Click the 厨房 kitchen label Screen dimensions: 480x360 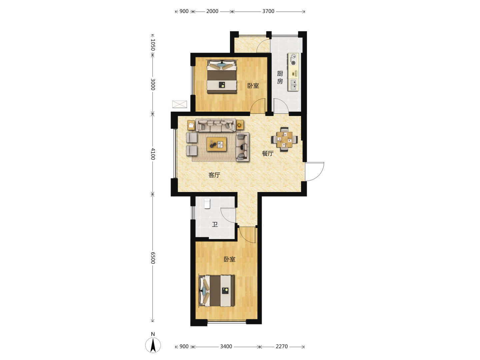[280, 77]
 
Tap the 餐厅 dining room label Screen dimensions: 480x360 [268, 153]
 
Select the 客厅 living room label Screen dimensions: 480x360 [214, 175]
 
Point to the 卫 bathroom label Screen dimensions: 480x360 [215, 224]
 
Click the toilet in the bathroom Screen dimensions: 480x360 [207, 203]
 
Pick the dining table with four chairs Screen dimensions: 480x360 [284, 139]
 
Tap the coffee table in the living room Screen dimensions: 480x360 [216, 144]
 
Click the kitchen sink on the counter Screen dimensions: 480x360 [293, 85]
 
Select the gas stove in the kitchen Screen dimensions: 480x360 [293, 60]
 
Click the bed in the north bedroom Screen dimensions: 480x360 [222, 77]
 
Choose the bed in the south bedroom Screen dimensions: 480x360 [216, 291]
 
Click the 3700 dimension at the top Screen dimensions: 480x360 [268, 11]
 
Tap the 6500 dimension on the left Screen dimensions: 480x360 [153, 258]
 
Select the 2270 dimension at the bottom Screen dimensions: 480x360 [281, 346]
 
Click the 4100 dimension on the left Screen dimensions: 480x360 [153, 154]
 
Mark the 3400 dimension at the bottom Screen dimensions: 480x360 [226, 346]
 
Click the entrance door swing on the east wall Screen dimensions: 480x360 [315, 172]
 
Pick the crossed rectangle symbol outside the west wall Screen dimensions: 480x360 [180, 104]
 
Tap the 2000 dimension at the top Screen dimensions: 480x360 [212, 11]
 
